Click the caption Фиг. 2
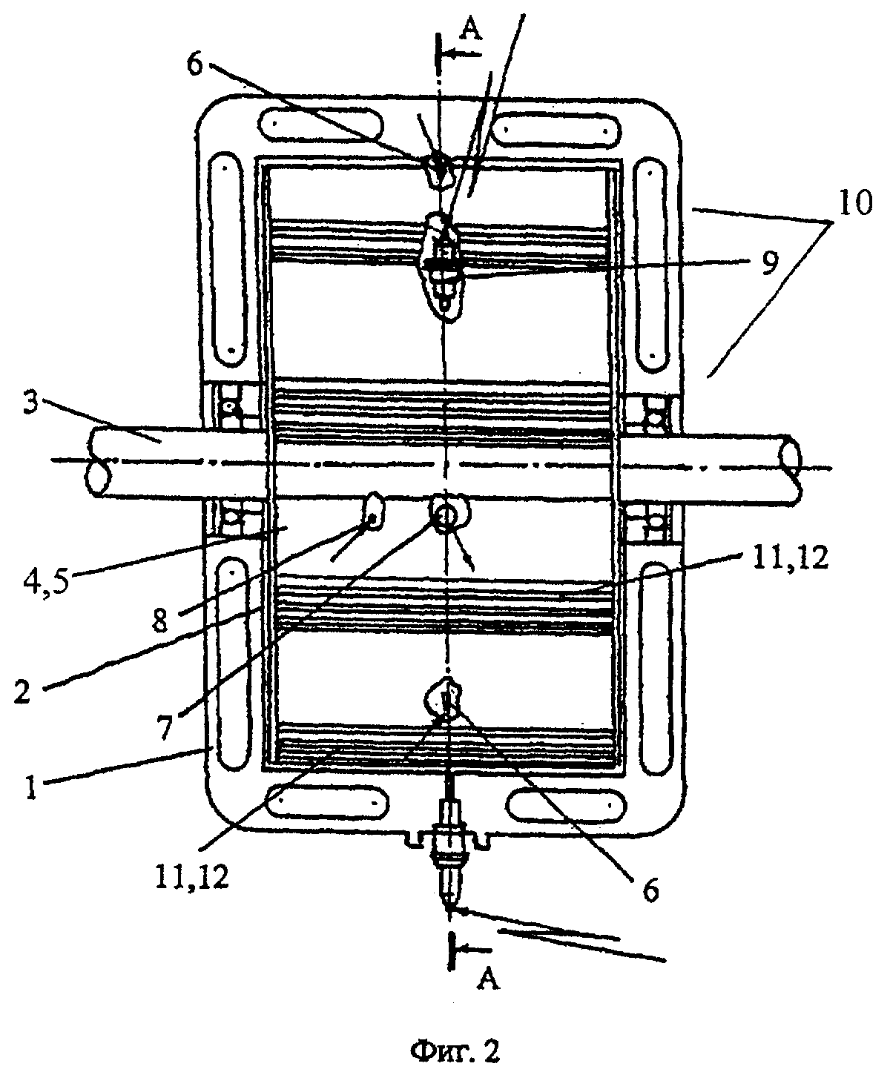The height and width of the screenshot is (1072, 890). pos(455,1048)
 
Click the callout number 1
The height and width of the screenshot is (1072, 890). pos(31,786)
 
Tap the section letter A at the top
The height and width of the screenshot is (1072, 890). pos(470,30)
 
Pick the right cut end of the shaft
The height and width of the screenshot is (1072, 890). pos(791,467)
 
